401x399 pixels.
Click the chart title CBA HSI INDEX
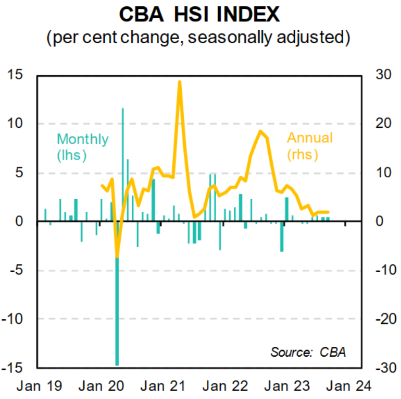point(199,14)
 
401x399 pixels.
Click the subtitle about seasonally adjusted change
point(199,38)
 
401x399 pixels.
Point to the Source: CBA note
point(308,352)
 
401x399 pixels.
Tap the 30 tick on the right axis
point(383,75)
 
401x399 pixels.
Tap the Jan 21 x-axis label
point(162,386)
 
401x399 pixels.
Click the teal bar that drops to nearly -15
point(117,313)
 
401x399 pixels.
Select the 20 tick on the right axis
point(383,124)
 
